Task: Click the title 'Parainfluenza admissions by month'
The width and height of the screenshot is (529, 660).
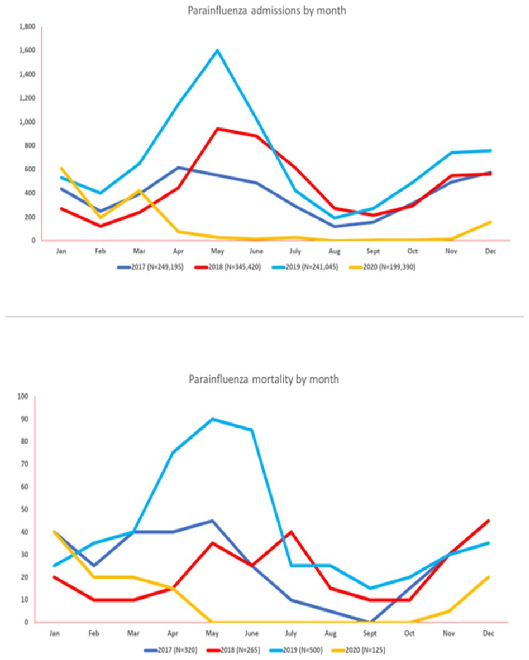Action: [267, 11]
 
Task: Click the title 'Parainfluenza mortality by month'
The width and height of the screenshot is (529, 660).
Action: [264, 380]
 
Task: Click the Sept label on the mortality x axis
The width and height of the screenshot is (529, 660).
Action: [370, 633]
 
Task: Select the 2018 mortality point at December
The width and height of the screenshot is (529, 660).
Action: [488, 521]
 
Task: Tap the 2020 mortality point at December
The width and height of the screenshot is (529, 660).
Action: [488, 577]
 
